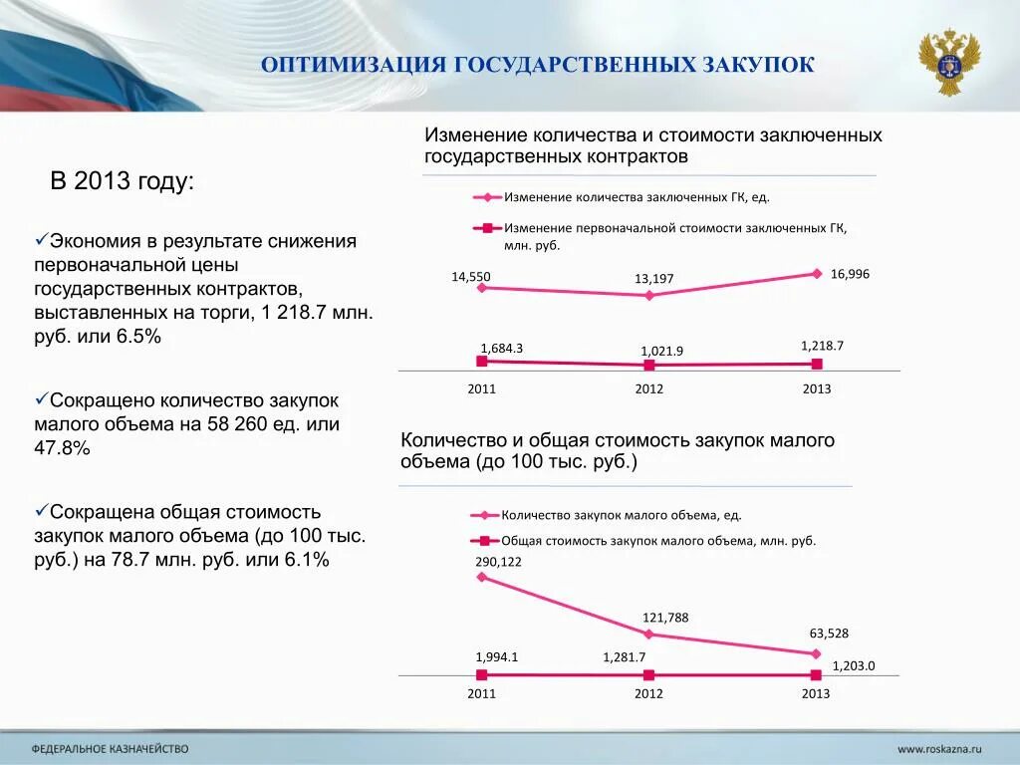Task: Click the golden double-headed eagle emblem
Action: click(x=949, y=62)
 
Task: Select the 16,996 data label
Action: click(x=850, y=273)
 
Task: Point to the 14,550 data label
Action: click(x=471, y=277)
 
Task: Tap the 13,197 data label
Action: click(x=654, y=279)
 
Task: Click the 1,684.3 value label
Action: click(x=501, y=348)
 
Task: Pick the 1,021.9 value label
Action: click(x=661, y=351)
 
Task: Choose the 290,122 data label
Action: click(x=499, y=561)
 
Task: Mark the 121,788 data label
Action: click(x=665, y=618)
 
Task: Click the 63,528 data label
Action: click(x=829, y=633)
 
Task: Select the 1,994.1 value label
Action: click(x=497, y=656)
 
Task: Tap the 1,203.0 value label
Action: click(x=853, y=665)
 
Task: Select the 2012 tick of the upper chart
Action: click(x=649, y=388)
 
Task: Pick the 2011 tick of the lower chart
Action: click(x=481, y=693)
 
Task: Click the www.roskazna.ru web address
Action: click(x=939, y=748)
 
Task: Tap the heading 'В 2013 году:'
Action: click(x=123, y=181)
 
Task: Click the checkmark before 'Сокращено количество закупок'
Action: click(x=42, y=398)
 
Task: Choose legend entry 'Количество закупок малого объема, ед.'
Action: click(x=622, y=515)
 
